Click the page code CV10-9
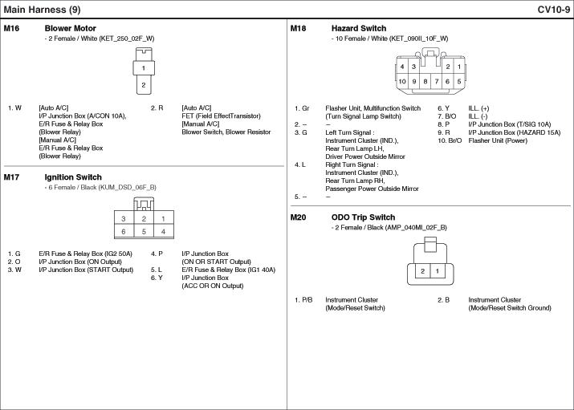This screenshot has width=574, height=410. [x=554, y=10]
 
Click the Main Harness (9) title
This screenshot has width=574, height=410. [x=42, y=10]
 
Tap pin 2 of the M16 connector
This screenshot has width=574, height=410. [x=143, y=84]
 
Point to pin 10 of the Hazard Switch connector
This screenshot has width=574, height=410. [x=402, y=81]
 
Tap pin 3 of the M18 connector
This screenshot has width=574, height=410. [x=413, y=67]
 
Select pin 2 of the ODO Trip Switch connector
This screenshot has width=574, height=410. [x=423, y=271]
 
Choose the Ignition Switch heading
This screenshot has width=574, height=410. [x=73, y=177]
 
